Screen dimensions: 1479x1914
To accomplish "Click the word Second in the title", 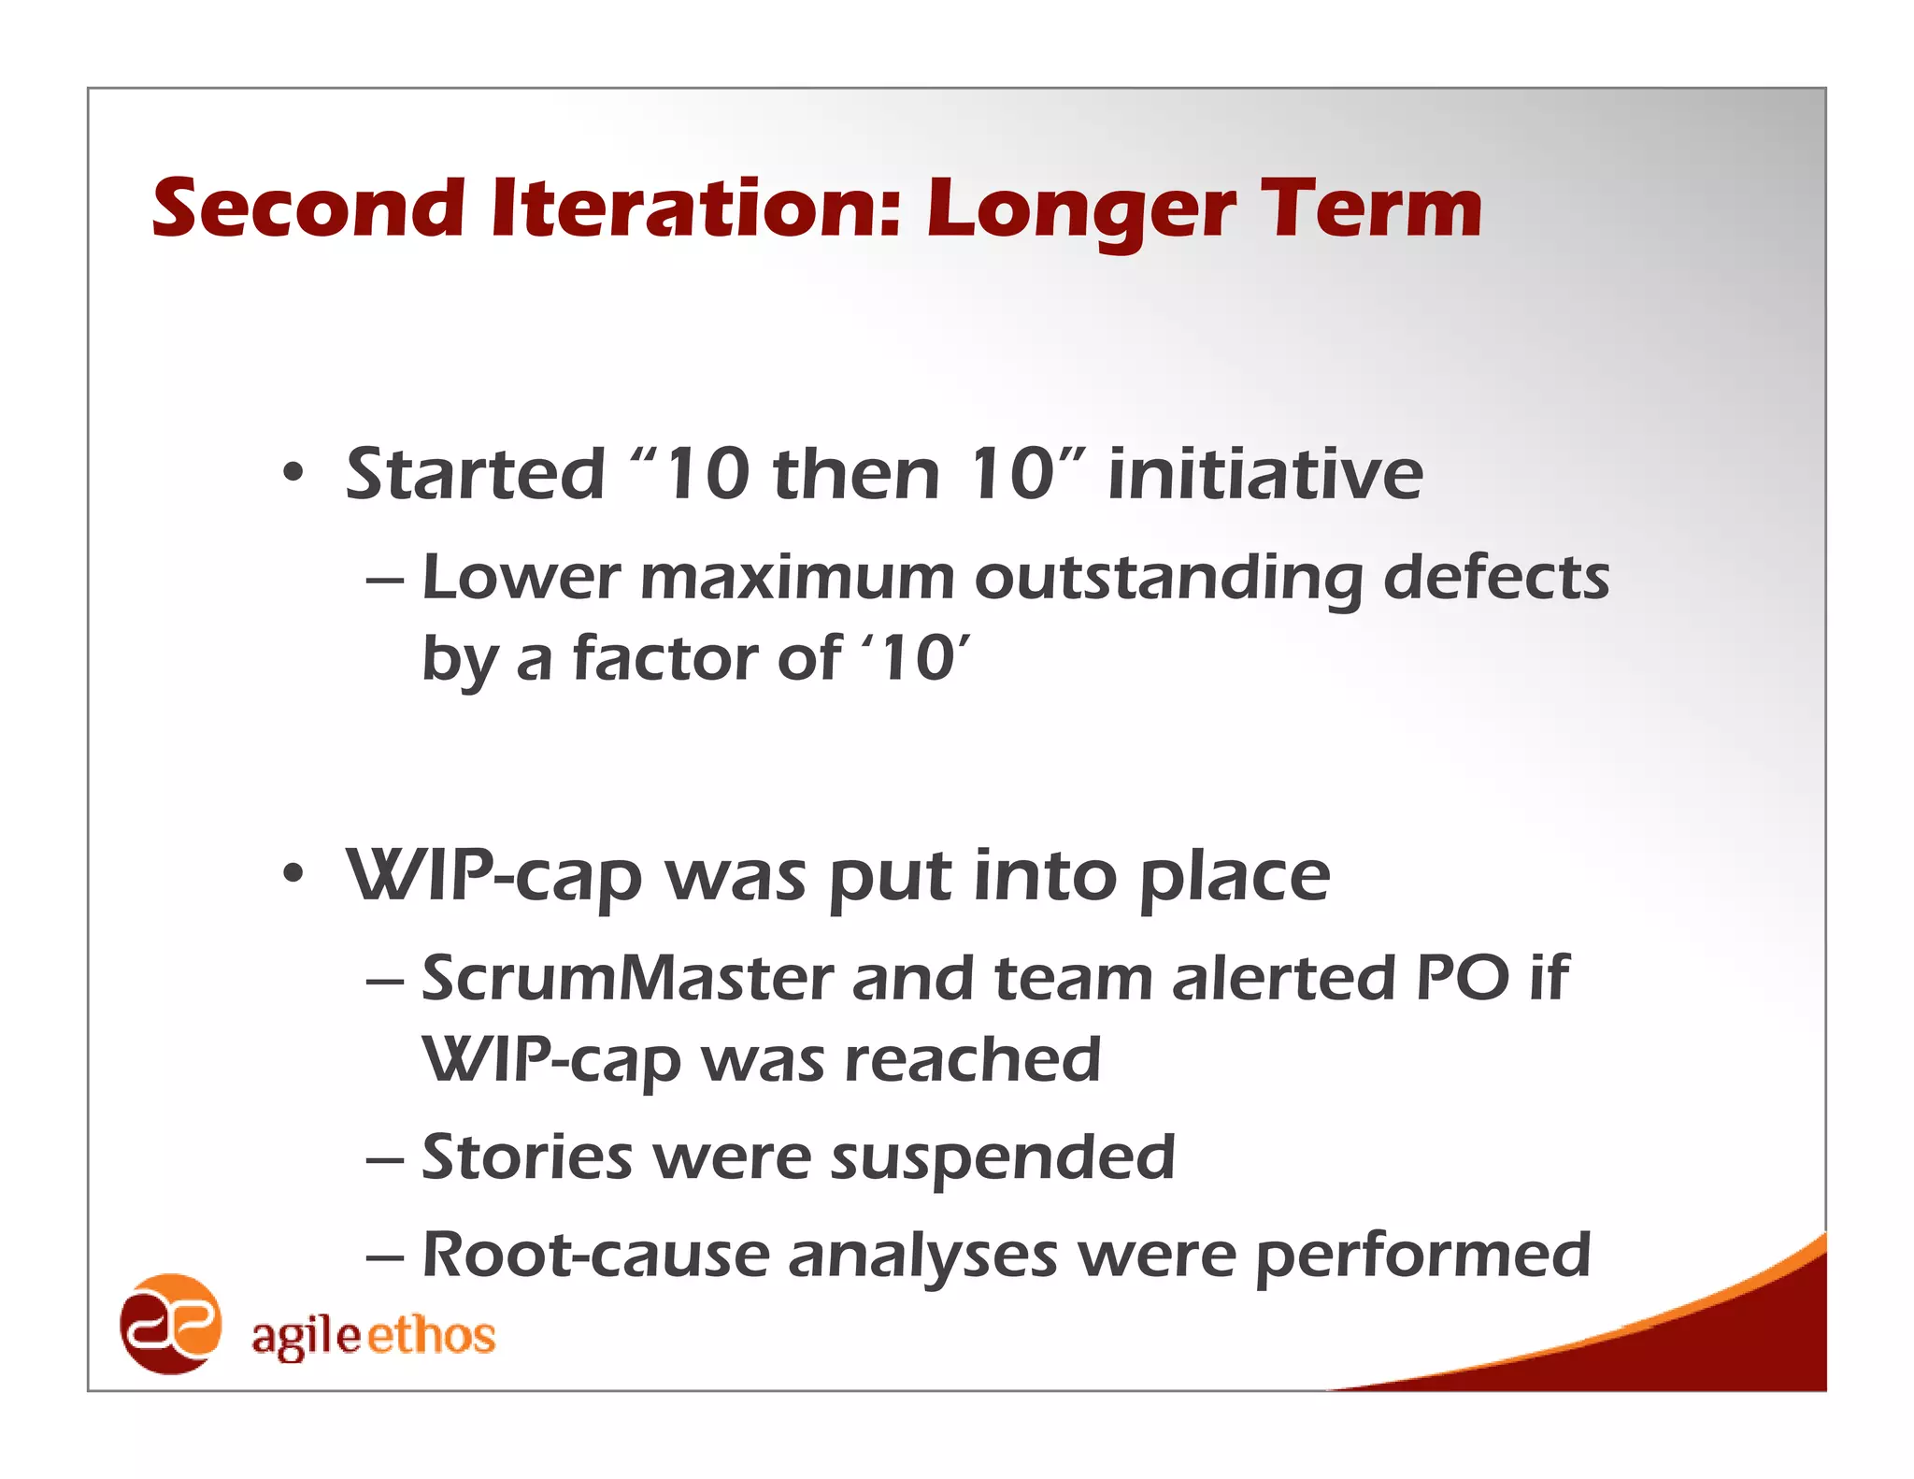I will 308,208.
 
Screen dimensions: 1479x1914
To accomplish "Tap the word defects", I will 1496,577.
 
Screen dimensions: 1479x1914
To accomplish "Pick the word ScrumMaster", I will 627,978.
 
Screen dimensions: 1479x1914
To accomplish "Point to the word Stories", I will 527,1157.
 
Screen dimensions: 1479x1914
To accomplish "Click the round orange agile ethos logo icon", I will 171,1324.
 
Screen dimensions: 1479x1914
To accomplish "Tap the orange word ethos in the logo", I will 431,1335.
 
